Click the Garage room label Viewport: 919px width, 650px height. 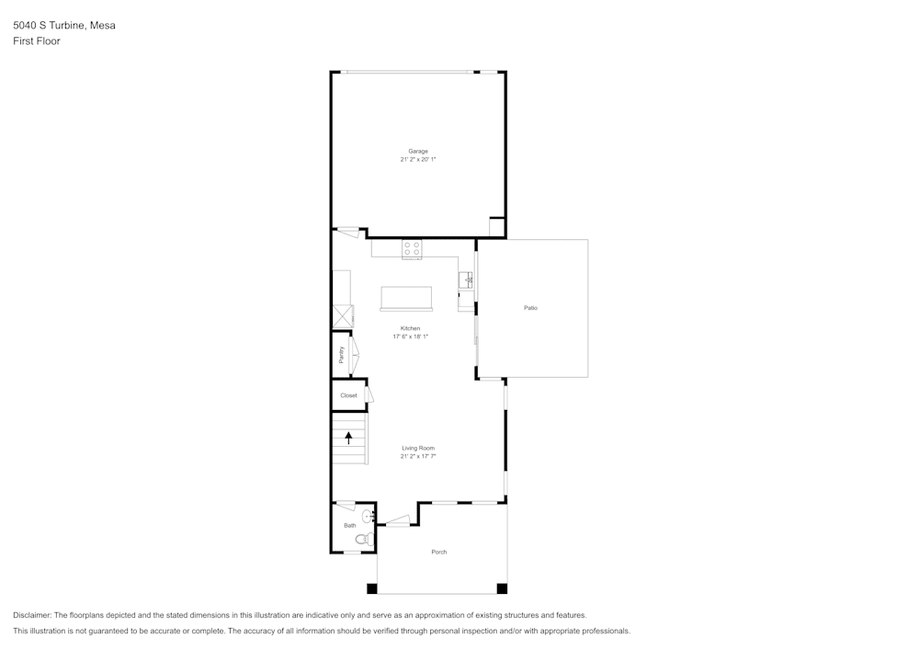pyautogui.click(x=418, y=151)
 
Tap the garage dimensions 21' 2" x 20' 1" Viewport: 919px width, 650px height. pyautogui.click(x=418, y=160)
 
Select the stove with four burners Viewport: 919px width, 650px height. pyautogui.click(x=412, y=248)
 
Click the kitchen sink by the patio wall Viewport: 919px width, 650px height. pyautogui.click(x=466, y=279)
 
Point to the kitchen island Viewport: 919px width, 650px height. pyautogui.click(x=406, y=299)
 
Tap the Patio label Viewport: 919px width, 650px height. pyautogui.click(x=530, y=308)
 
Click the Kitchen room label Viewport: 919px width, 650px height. pyautogui.click(x=410, y=328)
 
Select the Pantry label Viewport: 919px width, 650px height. pyautogui.click(x=342, y=355)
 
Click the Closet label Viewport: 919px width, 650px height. pyautogui.click(x=348, y=395)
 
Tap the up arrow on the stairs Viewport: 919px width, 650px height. pyautogui.click(x=348, y=438)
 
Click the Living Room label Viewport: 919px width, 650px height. pyautogui.click(x=418, y=448)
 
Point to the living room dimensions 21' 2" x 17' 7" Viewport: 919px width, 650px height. pyautogui.click(x=418, y=457)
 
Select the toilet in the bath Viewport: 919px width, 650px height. pyautogui.click(x=363, y=539)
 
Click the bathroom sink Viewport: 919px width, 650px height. pyautogui.click(x=368, y=516)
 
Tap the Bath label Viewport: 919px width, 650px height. pyautogui.click(x=349, y=526)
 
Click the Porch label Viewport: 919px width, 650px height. pyautogui.click(x=439, y=552)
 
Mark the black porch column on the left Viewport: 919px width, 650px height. pyautogui.click(x=372, y=588)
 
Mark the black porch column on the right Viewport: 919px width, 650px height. pyautogui.click(x=502, y=588)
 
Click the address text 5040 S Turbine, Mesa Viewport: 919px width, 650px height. pyautogui.click(x=64, y=26)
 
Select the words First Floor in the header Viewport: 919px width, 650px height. pyautogui.click(x=37, y=41)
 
